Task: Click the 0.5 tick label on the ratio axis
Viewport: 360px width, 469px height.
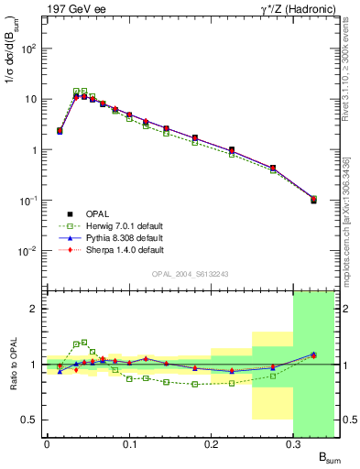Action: (28, 420)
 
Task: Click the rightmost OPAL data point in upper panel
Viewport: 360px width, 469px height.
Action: (314, 199)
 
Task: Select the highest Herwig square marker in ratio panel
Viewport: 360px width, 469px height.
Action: (84, 343)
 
